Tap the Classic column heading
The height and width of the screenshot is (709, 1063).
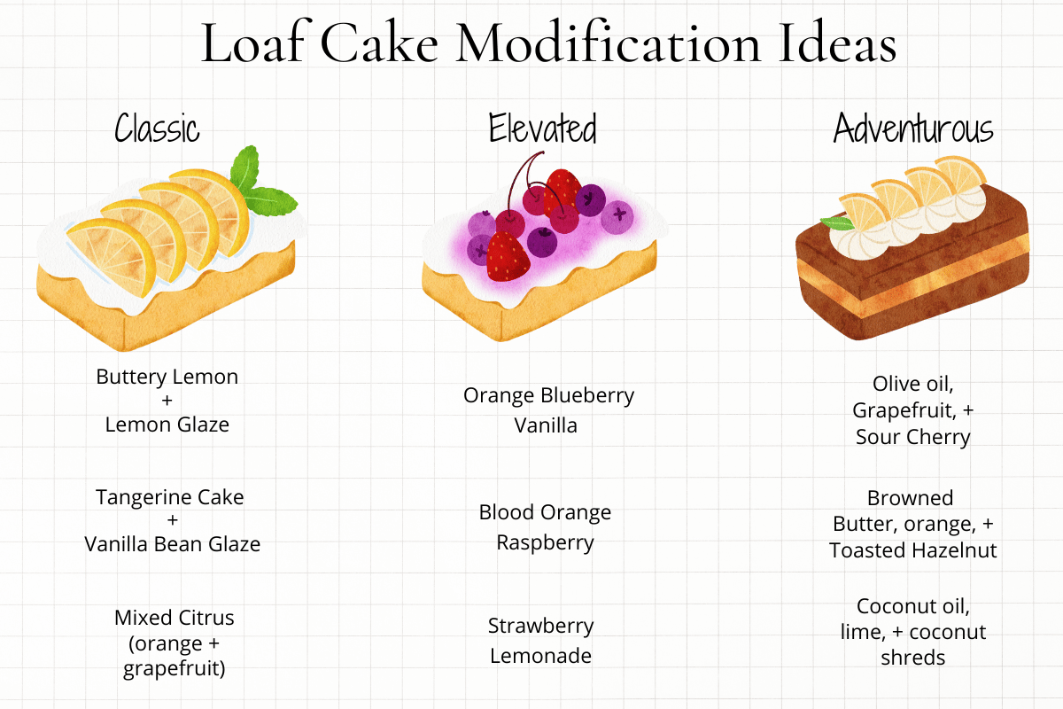[x=157, y=129]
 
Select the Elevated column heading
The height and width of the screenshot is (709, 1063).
[x=542, y=129]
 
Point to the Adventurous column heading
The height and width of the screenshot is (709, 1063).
[x=912, y=129]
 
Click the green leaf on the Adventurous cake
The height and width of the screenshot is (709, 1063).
[x=833, y=223]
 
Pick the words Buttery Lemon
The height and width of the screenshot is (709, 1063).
[x=167, y=377]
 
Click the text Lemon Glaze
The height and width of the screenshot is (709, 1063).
[x=167, y=425]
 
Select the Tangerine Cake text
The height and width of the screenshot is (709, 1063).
[x=169, y=497]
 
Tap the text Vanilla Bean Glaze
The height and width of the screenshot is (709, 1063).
[x=172, y=544]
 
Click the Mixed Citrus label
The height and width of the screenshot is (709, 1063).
[x=174, y=617]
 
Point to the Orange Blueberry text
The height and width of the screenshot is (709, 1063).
[x=548, y=395]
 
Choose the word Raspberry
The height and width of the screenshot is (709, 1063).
[x=545, y=542]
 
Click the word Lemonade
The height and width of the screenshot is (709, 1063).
[x=540, y=656]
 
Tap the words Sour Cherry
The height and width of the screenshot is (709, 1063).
[x=912, y=437]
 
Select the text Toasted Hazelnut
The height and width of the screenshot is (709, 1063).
[x=912, y=550]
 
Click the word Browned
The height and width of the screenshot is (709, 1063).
[x=910, y=498]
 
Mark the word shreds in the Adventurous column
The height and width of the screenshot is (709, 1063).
[x=912, y=658]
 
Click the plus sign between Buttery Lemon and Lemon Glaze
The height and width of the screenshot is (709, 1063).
[x=167, y=401]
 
